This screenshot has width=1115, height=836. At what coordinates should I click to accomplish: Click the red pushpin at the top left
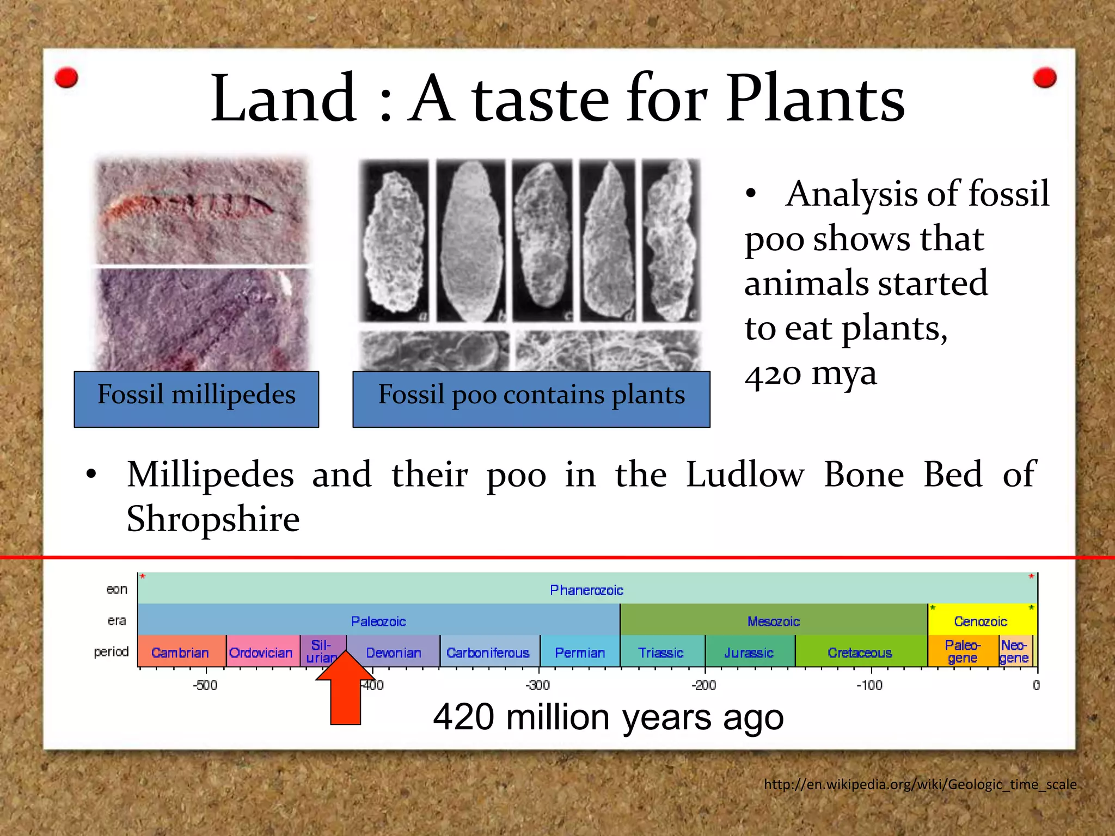click(66, 78)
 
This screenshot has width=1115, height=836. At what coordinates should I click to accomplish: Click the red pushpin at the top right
click(1044, 78)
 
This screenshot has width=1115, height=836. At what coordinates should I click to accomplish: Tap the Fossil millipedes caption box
click(196, 399)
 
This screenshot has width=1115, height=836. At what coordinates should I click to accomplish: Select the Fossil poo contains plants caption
click(531, 399)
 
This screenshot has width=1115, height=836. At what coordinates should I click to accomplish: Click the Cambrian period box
click(180, 653)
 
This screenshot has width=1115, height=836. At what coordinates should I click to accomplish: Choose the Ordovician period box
click(261, 653)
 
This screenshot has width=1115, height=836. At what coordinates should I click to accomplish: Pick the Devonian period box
click(393, 653)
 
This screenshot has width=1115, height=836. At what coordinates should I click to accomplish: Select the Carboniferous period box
click(488, 653)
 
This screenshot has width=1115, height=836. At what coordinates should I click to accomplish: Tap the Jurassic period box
click(749, 653)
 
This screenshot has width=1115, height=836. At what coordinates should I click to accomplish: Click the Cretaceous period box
click(860, 653)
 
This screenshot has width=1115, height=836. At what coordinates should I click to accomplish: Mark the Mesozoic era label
click(773, 621)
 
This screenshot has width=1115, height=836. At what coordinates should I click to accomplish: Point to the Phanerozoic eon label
click(586, 590)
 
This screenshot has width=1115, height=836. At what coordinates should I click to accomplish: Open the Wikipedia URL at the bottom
click(920, 784)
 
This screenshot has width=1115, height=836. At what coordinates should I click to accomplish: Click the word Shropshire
click(213, 519)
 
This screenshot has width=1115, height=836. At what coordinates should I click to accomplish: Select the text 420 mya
click(810, 373)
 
